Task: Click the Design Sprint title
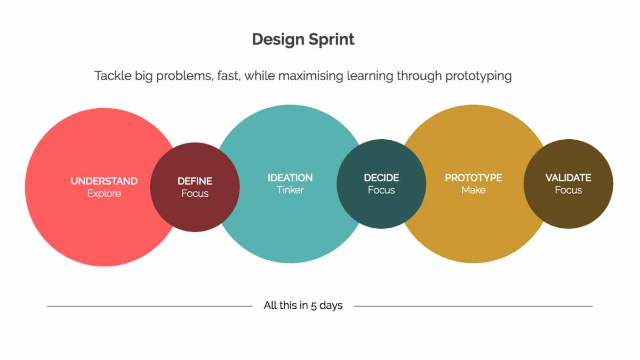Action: [x=303, y=39]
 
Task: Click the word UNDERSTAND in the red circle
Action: [x=104, y=181]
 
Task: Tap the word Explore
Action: [x=104, y=193]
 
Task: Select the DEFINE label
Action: [x=195, y=181]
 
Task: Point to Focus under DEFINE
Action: [x=195, y=193]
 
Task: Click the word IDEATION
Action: [x=290, y=178]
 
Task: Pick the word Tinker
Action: [x=290, y=190]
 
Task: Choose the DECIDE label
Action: [x=381, y=178]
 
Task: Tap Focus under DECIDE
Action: [x=381, y=190]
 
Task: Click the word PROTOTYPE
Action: [x=474, y=178]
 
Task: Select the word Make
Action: [x=474, y=190]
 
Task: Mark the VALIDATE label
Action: [x=568, y=178]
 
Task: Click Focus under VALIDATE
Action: [x=568, y=190]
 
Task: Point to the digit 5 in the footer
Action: [x=314, y=306]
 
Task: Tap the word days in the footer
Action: [x=331, y=306]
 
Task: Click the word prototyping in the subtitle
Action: [x=478, y=76]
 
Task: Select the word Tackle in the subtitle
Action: [x=111, y=76]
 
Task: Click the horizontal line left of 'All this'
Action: [x=149, y=306]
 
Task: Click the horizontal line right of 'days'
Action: [x=473, y=306]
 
